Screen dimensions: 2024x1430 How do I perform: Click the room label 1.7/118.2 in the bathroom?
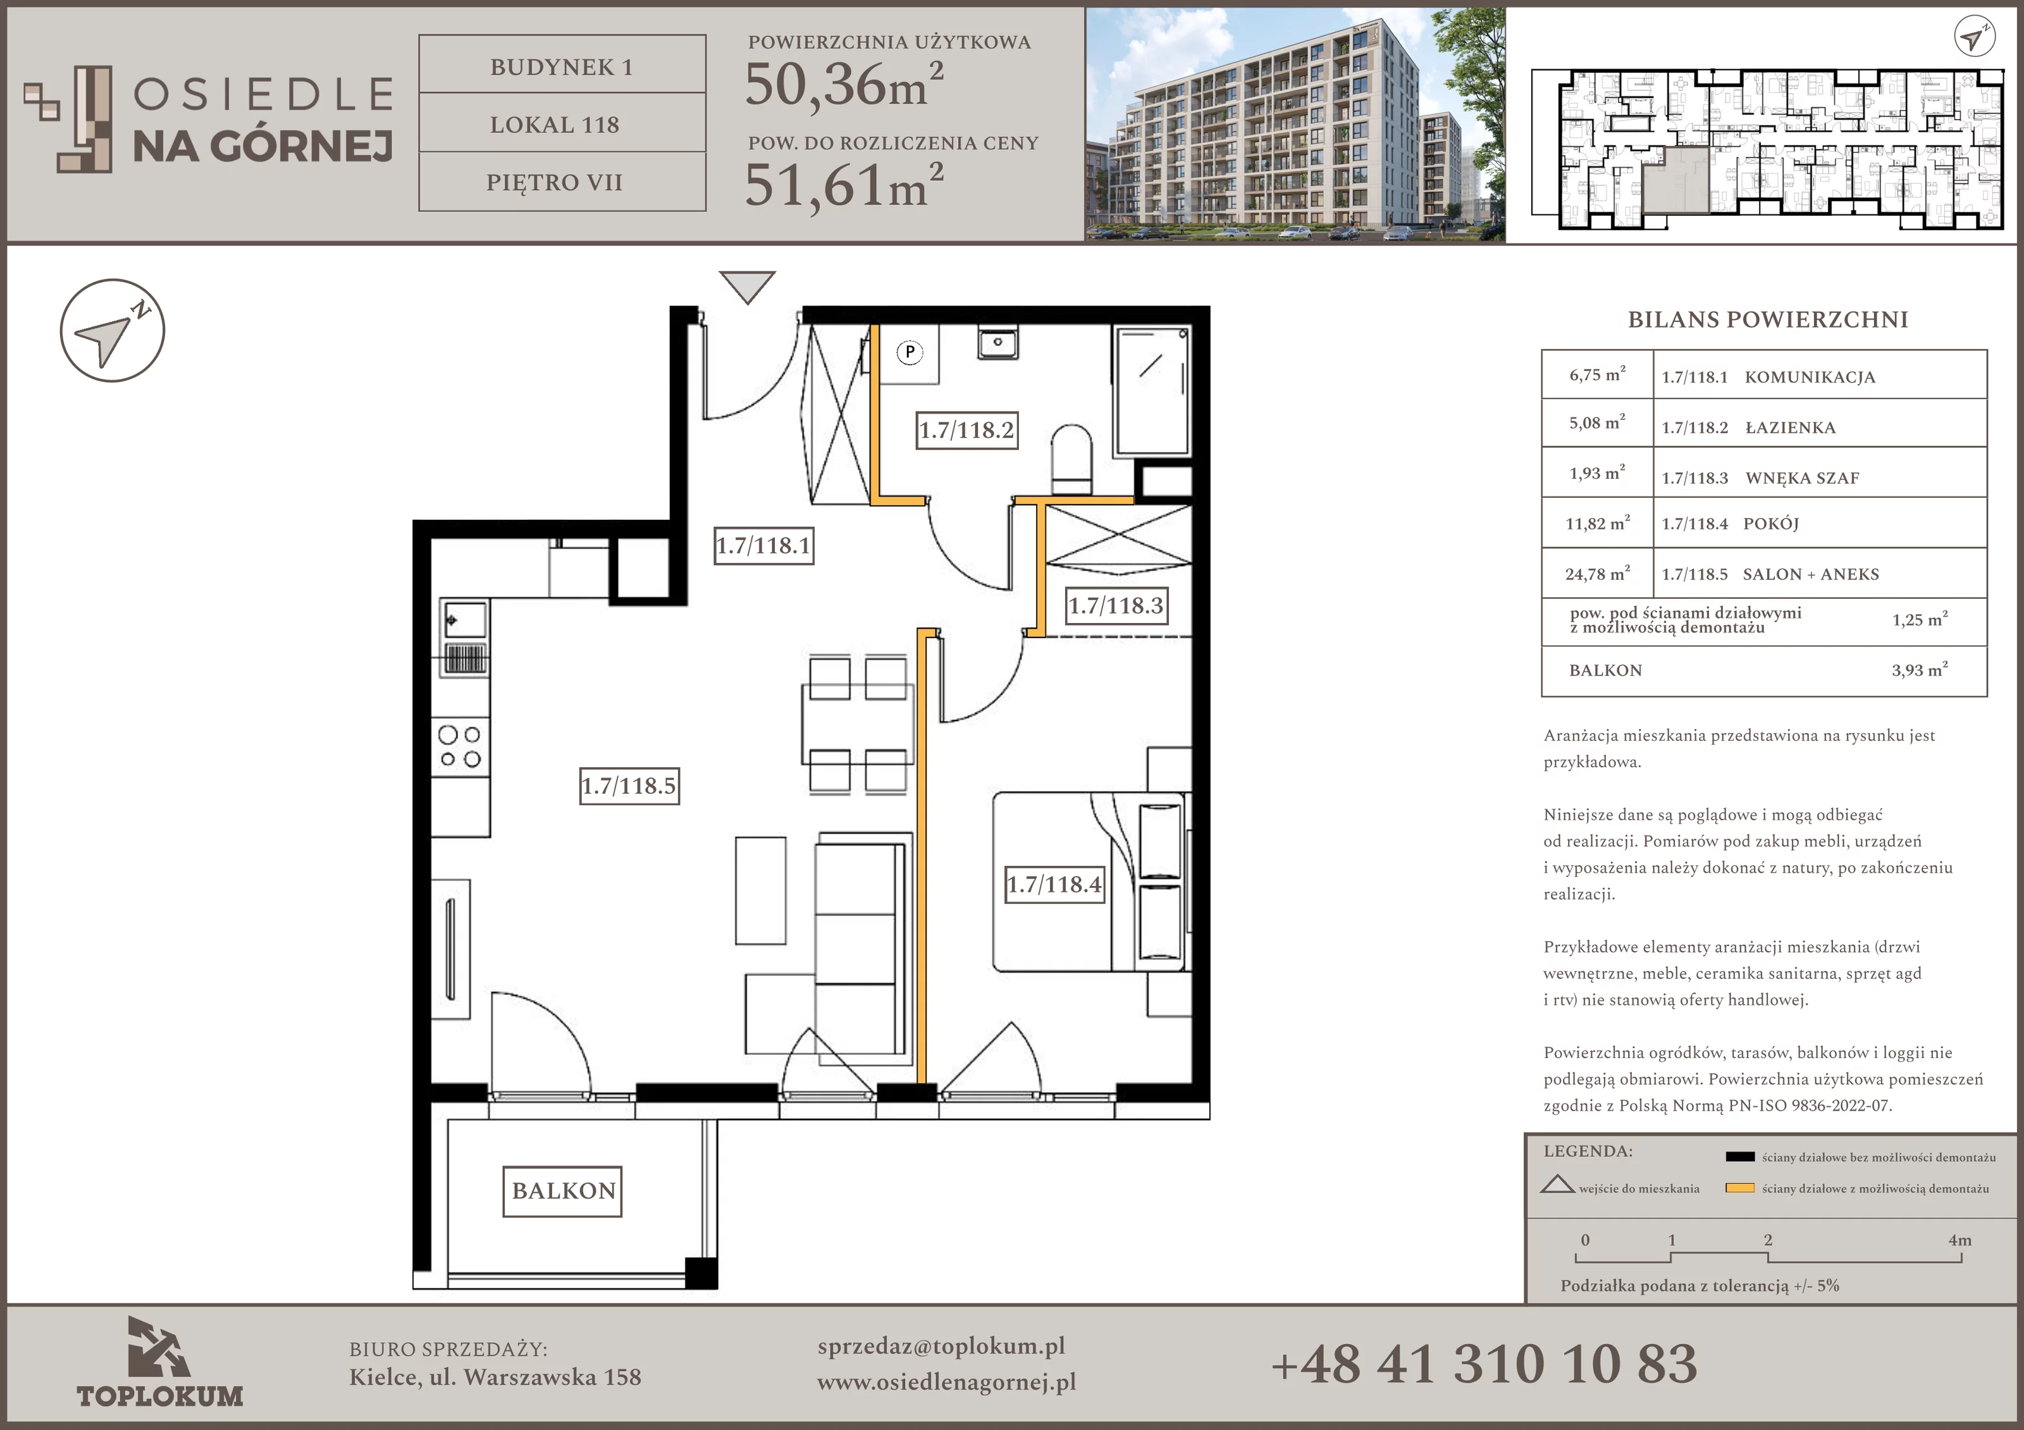coord(967,430)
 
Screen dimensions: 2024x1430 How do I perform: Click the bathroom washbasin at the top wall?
coord(998,342)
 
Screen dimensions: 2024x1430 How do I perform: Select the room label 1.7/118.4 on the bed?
coord(1054,884)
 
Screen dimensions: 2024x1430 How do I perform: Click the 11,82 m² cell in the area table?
coord(1597,523)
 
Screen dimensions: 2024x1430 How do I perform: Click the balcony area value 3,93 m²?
coord(1919,670)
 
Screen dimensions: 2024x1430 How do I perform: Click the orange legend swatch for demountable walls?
coord(1739,1188)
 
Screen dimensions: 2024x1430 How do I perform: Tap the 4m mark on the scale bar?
coord(1959,1240)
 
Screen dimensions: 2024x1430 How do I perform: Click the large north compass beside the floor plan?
coord(112,331)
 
